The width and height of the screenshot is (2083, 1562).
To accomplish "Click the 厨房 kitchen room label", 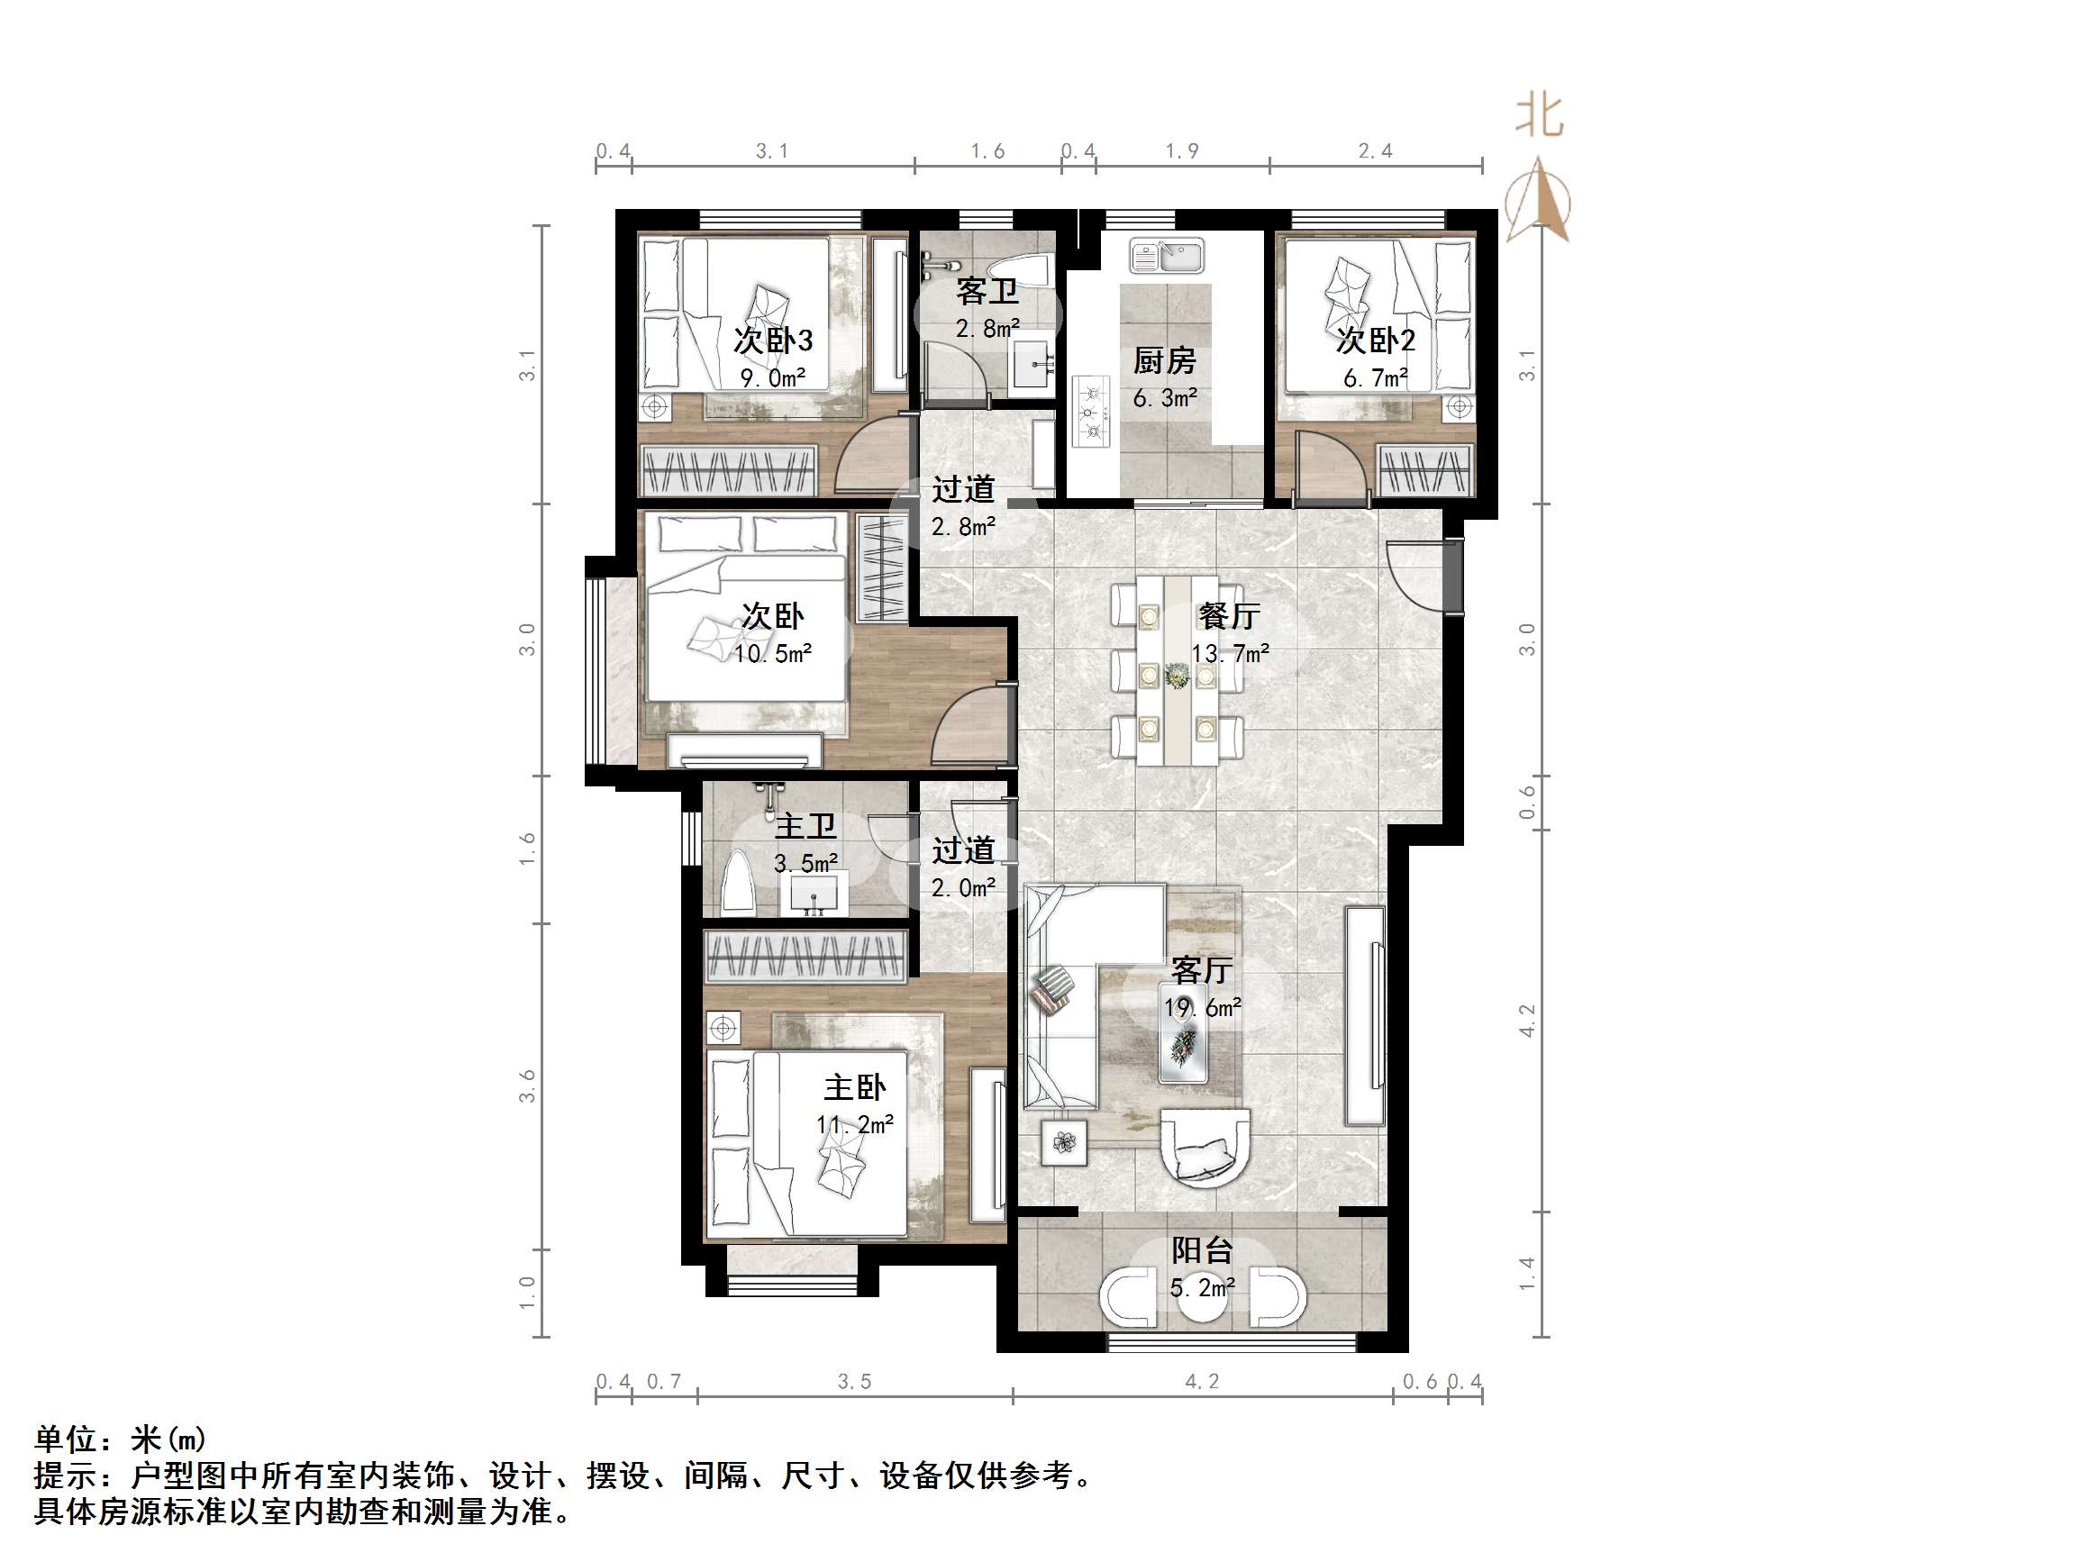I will pos(1164,359).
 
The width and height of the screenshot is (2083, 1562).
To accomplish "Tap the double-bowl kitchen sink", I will pos(1168,256).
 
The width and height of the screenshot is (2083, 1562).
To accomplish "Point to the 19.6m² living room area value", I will pos(1202,1007).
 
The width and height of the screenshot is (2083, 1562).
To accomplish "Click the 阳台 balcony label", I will pos(1202,1250).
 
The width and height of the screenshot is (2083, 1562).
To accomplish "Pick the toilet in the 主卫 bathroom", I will pos(738,882).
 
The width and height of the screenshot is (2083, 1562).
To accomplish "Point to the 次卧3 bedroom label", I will pos(772,340).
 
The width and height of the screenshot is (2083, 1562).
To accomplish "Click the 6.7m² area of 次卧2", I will pos(1375,378).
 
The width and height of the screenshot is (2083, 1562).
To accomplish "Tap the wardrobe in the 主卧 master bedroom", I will pos(806,957).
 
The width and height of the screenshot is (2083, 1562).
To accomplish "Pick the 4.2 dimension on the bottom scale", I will pos(1202,1381).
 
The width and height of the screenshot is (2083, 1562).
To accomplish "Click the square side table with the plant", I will pos(1064,1143).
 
